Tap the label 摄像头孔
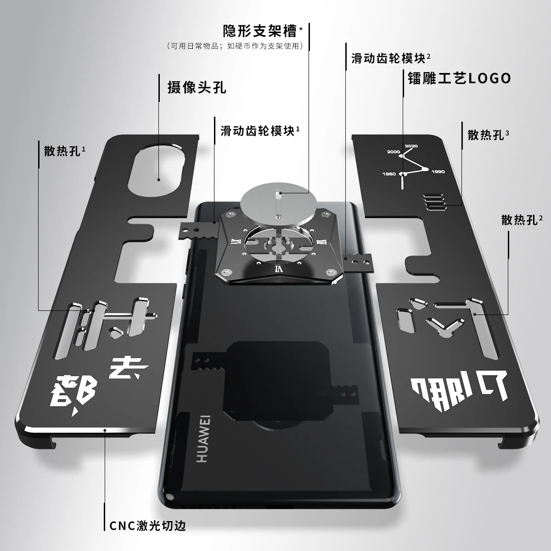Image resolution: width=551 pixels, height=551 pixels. pos(197,87)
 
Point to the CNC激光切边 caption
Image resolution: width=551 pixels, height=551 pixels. pos(147,526)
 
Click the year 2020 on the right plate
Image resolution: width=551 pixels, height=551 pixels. pos(411,146)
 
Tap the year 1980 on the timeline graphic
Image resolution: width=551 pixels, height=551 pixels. pos(389,174)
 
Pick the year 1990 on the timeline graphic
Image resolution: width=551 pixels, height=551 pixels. pos(438,172)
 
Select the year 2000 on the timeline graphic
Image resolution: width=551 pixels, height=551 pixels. pos(394,152)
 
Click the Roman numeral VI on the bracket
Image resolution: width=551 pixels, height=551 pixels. pos(278,269)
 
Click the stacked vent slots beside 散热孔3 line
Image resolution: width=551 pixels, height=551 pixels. pos(433,202)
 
